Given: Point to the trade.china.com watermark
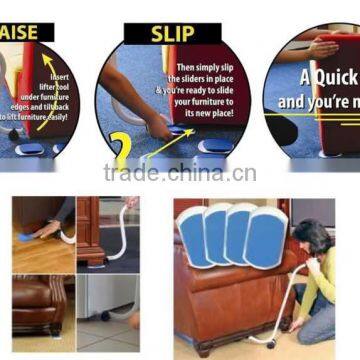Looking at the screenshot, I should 180,173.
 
